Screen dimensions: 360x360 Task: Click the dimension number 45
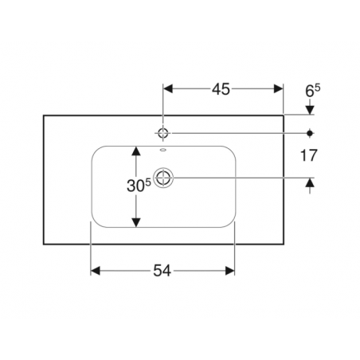click(x=221, y=89)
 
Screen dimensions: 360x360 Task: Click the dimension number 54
click(x=162, y=271)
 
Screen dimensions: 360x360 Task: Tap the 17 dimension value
click(x=309, y=155)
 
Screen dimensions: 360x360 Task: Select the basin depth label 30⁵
click(x=139, y=186)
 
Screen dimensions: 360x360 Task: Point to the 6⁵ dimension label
click(x=313, y=91)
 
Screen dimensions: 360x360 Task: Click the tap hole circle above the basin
click(x=163, y=133)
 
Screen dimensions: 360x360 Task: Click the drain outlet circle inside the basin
click(x=163, y=178)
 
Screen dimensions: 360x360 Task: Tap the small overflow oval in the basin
click(x=163, y=151)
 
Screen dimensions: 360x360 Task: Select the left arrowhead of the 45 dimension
click(x=168, y=89)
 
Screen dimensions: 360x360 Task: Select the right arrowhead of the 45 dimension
click(x=278, y=89)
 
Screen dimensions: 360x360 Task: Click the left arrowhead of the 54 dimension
click(x=96, y=271)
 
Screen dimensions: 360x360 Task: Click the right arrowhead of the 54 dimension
click(x=230, y=271)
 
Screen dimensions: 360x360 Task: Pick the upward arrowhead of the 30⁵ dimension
click(x=136, y=151)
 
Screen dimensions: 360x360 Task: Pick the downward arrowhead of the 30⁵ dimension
click(x=136, y=222)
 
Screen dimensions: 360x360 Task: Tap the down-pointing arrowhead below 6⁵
click(x=310, y=110)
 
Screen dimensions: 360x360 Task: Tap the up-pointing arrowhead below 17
click(x=310, y=182)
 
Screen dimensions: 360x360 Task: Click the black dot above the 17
click(x=310, y=133)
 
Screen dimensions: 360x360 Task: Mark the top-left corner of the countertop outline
click(x=44, y=115)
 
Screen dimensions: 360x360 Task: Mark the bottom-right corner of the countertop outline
click(x=284, y=244)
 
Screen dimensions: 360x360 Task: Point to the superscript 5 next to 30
click(x=148, y=182)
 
